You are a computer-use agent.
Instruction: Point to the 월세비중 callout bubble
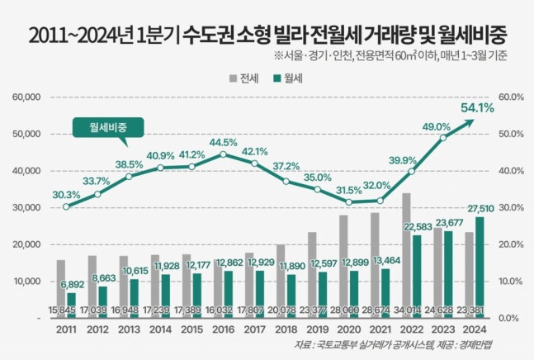tap(106, 127)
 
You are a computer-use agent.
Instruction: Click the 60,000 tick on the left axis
tap(27, 97)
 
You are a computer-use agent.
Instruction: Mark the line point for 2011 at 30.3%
tap(66, 206)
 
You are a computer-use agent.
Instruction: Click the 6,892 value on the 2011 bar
tap(74, 285)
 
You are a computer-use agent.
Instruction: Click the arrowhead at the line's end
tap(471, 121)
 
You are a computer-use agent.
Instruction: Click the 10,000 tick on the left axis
tap(27, 281)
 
